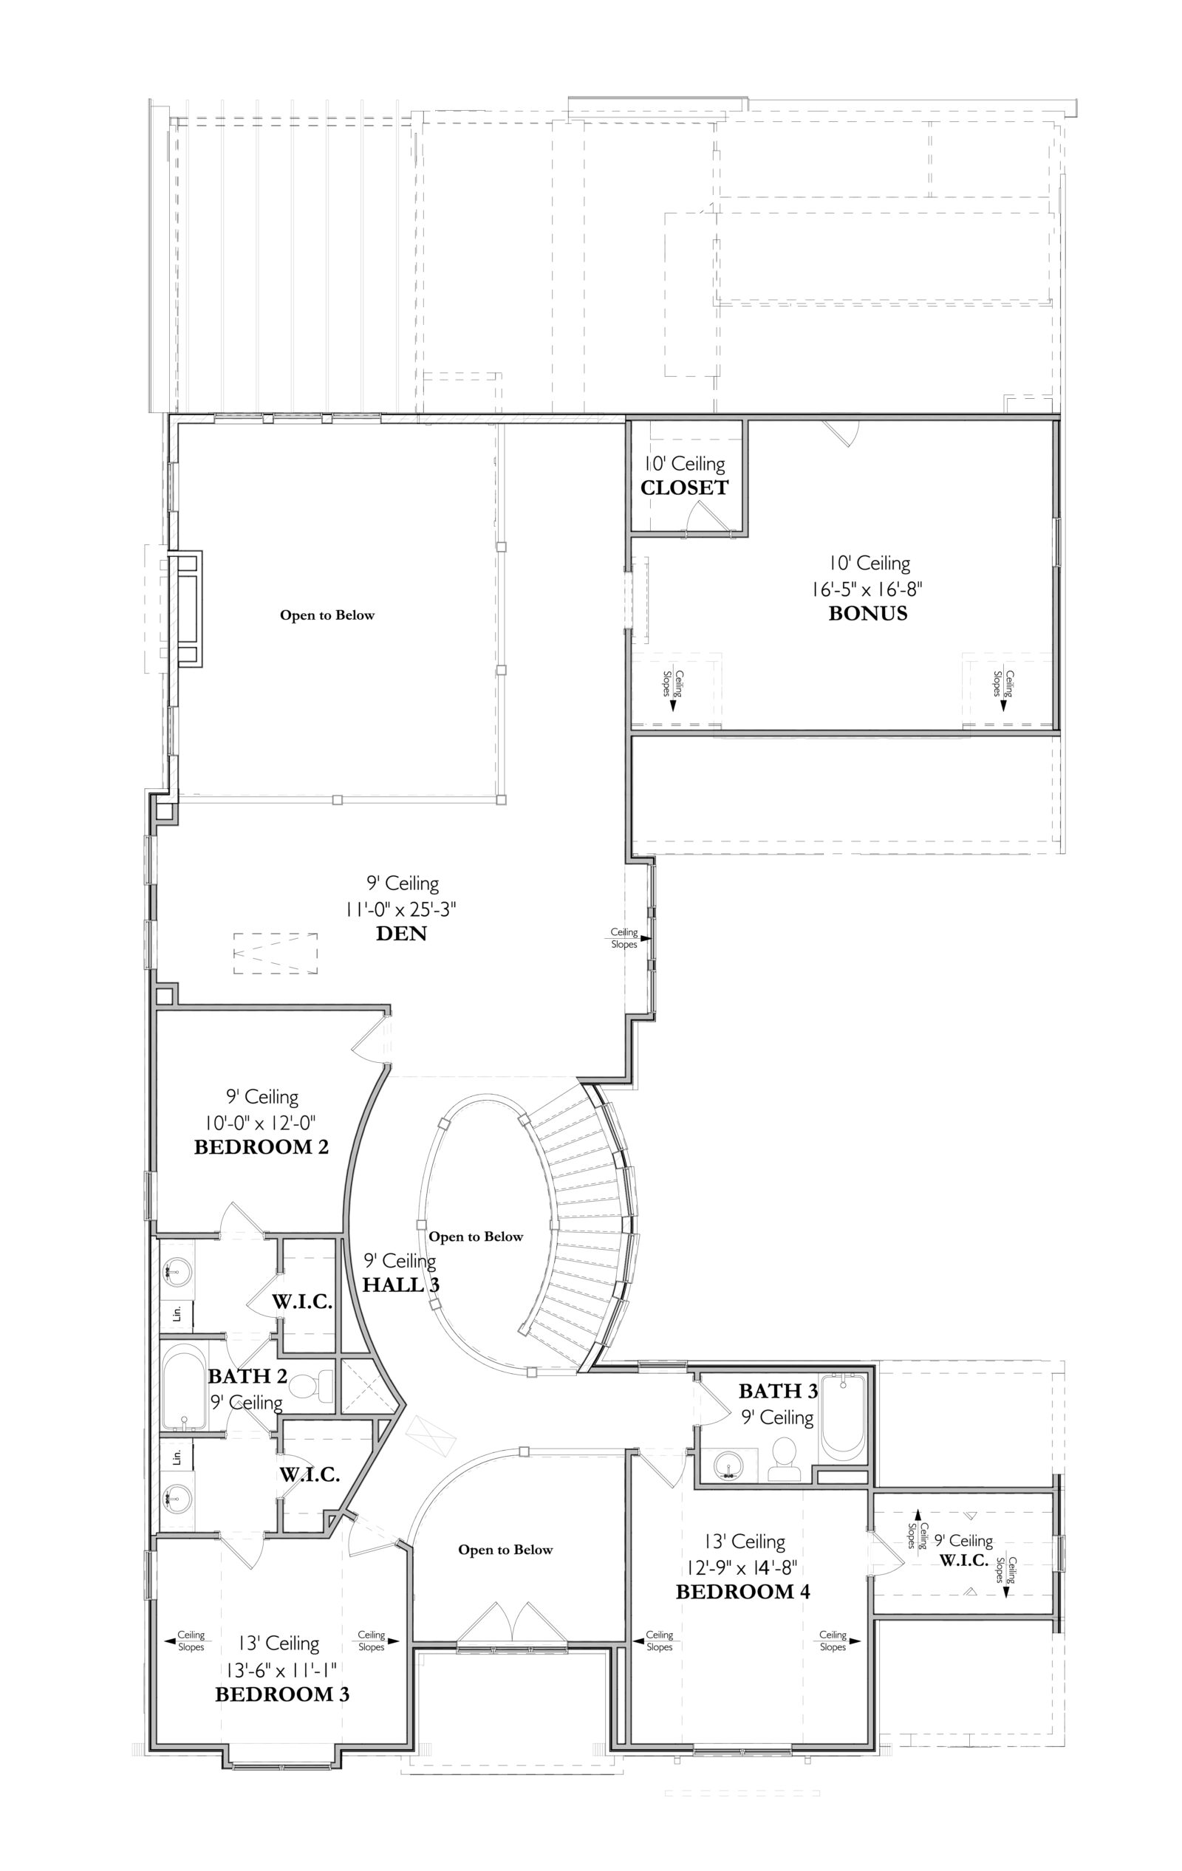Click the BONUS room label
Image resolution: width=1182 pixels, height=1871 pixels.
[x=867, y=613]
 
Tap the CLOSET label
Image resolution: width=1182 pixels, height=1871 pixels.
[x=685, y=488]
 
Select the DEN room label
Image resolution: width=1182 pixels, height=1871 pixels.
[x=402, y=933]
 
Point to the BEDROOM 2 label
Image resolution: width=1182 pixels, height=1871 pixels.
[x=261, y=1147]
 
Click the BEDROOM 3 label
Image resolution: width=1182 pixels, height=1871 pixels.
[x=282, y=1694]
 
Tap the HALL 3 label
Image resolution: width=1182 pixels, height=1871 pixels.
[x=401, y=1285]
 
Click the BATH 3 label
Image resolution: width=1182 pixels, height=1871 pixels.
[x=778, y=1391]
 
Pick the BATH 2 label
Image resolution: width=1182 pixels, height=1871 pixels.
[x=248, y=1376]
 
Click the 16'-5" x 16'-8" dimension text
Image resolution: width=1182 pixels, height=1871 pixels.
[x=867, y=588]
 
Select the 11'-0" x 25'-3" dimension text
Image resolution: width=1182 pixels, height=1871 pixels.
[x=401, y=909]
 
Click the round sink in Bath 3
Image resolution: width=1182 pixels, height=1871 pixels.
[x=729, y=1465]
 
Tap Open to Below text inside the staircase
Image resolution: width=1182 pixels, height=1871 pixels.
[x=476, y=1236]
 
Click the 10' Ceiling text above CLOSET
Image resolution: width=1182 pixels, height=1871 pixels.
[x=685, y=464]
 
